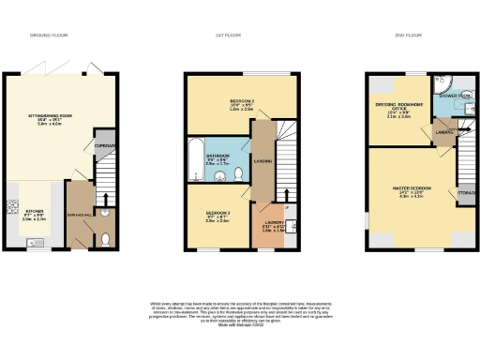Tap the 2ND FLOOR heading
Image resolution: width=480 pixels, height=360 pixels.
pos(412,35)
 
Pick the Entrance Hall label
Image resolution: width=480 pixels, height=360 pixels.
pos(81,215)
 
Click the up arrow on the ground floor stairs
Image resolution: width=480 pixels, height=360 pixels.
pos(106,198)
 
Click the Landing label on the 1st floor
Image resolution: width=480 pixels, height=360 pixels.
pos(263,161)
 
